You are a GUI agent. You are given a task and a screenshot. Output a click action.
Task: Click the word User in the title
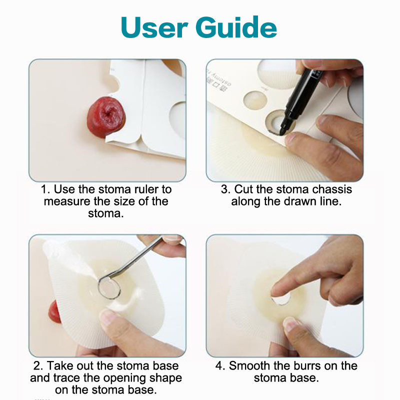point(154,27)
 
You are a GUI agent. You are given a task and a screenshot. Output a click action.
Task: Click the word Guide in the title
point(236,27)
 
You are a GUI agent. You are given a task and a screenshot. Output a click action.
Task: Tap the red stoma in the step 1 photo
point(106,117)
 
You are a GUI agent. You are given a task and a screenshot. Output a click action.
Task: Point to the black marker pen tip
point(281,132)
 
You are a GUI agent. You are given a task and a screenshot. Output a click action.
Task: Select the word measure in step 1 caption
point(67,201)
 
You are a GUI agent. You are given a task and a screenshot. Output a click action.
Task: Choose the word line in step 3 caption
point(330,201)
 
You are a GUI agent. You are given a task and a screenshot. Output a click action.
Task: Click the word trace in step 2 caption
point(66,378)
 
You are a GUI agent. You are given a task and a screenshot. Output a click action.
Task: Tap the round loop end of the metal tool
point(108,287)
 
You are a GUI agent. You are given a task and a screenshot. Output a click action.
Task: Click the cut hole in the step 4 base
point(281,298)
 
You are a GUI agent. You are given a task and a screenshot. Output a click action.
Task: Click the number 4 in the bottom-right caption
point(219,366)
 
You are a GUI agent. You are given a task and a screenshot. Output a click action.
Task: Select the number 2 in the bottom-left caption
point(37,366)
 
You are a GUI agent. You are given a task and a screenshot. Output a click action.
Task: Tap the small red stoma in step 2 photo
point(54,312)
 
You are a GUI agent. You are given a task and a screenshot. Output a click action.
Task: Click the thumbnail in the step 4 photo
point(291,324)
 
